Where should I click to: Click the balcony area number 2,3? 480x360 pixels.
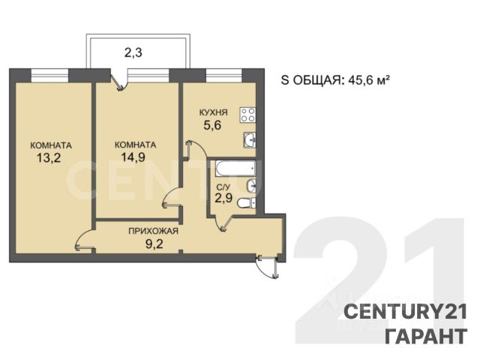(133, 53)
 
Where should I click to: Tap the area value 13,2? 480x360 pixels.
(49, 158)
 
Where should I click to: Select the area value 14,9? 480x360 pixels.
(133, 157)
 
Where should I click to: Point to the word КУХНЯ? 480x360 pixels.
(213, 112)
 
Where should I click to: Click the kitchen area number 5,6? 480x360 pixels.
(212, 125)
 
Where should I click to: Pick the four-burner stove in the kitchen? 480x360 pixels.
(247, 115)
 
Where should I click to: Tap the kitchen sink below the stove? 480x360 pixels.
(250, 140)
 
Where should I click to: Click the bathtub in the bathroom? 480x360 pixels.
(235, 169)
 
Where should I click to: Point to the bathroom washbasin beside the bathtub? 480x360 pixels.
(251, 186)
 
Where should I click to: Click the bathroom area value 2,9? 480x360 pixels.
(223, 198)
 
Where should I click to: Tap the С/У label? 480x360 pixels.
(223, 187)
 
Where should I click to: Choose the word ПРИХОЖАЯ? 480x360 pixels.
(153, 231)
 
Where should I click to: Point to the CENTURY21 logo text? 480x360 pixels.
(406, 312)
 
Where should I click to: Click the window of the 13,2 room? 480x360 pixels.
(49, 76)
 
